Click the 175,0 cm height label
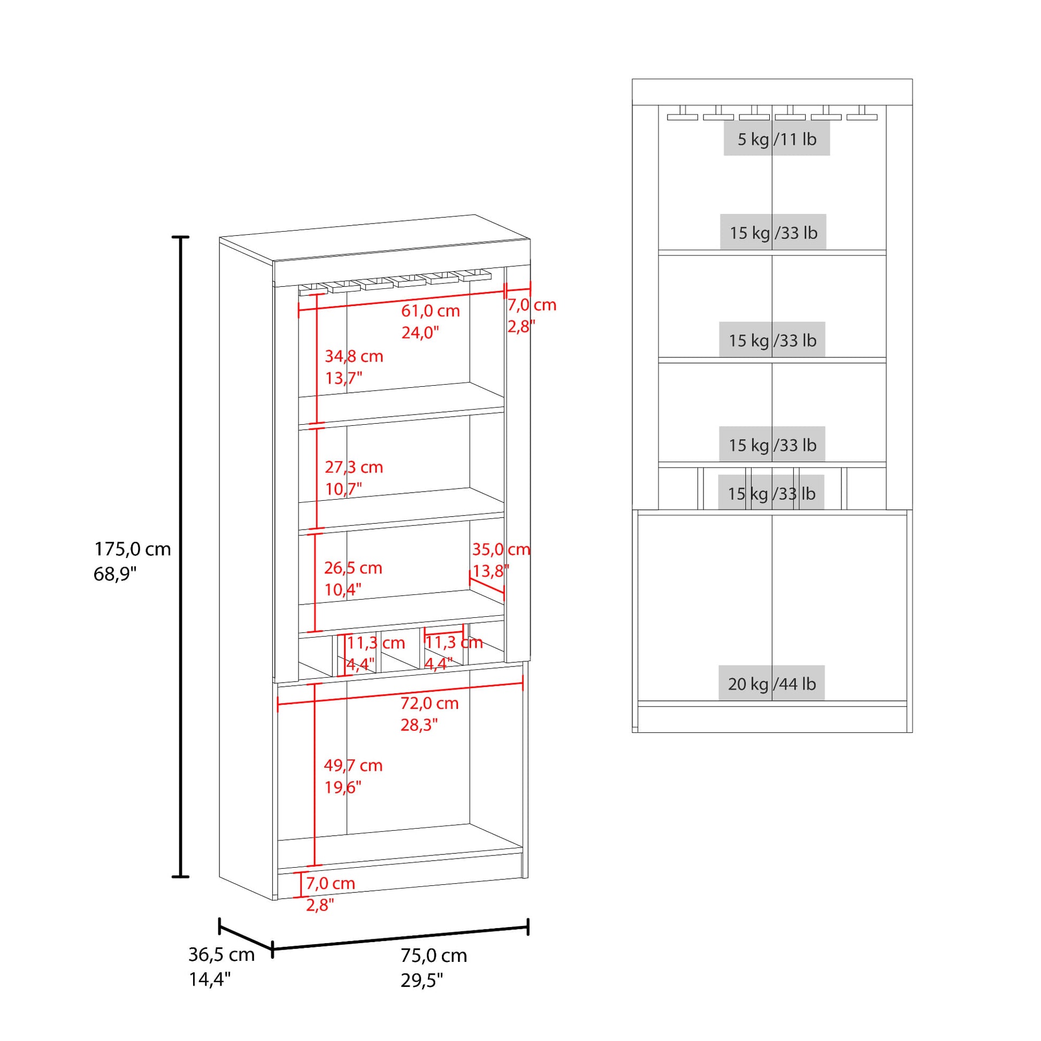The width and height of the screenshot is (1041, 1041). [x=133, y=549]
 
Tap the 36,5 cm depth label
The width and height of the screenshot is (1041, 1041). [x=221, y=954]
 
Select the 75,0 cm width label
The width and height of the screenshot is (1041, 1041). [x=434, y=955]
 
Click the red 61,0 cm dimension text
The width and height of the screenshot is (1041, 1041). [x=431, y=311]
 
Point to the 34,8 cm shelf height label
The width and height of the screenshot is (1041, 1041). [x=354, y=356]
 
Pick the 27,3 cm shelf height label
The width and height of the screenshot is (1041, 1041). [x=354, y=467]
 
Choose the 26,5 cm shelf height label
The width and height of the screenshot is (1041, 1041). [x=353, y=568]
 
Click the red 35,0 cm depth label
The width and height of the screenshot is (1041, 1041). [x=502, y=549]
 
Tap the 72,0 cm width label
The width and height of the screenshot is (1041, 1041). [x=430, y=703]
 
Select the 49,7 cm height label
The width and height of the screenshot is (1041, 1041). [x=353, y=766]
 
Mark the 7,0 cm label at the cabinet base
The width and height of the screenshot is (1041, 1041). [x=330, y=883]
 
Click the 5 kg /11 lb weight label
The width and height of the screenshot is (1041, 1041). [x=777, y=140]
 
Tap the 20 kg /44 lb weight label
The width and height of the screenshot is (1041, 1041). [x=771, y=684]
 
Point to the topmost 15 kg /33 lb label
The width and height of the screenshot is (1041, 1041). [x=773, y=233]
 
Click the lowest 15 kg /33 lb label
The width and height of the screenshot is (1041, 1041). [x=771, y=494]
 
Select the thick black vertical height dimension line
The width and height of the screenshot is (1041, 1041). [x=180, y=557]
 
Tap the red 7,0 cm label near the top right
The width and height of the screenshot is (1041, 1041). [x=532, y=305]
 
